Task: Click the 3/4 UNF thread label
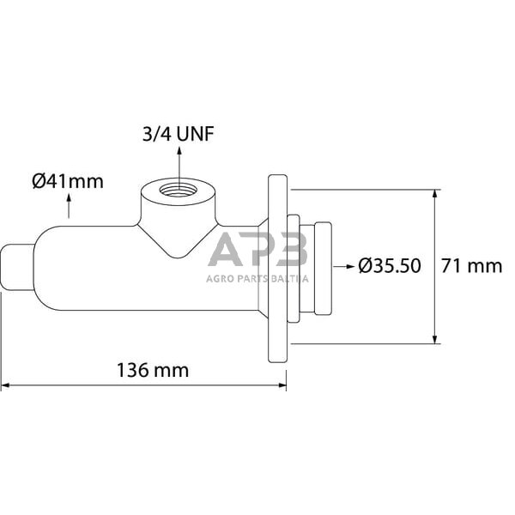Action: pyautogui.click(x=179, y=135)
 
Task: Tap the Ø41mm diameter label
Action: pyautogui.click(x=67, y=181)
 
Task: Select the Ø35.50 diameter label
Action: pyautogui.click(x=390, y=266)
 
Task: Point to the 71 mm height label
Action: pyautogui.click(x=471, y=266)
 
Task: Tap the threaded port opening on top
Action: pyautogui.click(x=179, y=188)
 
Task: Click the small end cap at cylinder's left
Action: pyautogui.click(x=18, y=266)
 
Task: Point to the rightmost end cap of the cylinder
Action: pyautogui.click(x=323, y=267)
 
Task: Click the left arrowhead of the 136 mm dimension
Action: pyautogui.click(x=5, y=385)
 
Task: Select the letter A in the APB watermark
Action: pyautogui.click(x=226, y=251)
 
